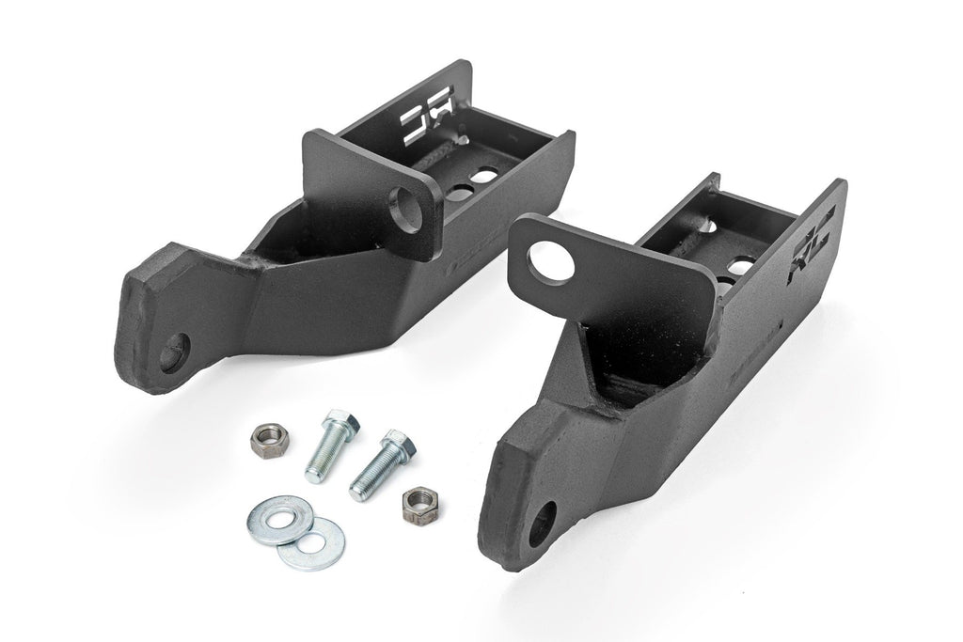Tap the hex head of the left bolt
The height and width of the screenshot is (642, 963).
[x=336, y=425]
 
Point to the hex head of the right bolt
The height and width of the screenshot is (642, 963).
[x=395, y=443]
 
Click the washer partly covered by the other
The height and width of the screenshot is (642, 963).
[x=323, y=542]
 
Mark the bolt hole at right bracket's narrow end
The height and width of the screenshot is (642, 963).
[x=543, y=525]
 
